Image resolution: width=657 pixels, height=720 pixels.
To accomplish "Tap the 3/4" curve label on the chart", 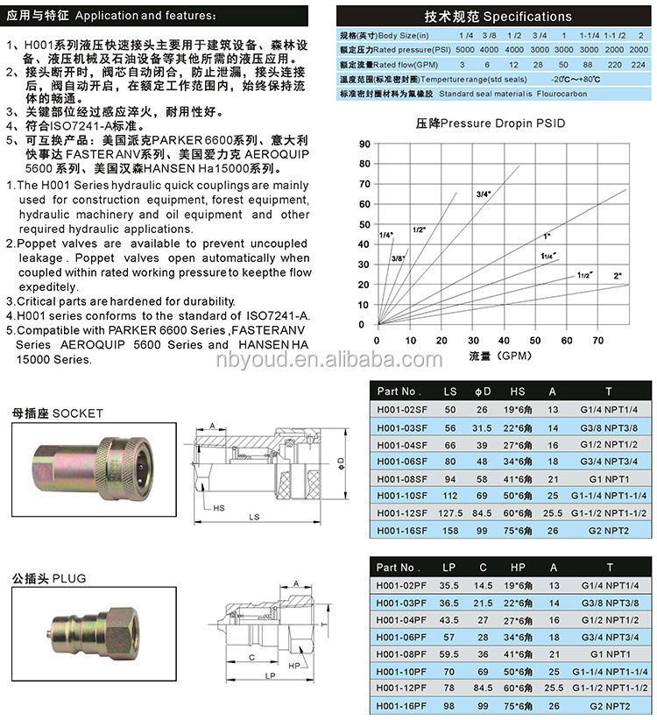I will [x=484, y=193].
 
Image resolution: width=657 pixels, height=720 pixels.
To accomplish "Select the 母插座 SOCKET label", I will [x=58, y=413].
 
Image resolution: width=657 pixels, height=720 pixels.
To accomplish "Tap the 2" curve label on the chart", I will [x=617, y=276].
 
